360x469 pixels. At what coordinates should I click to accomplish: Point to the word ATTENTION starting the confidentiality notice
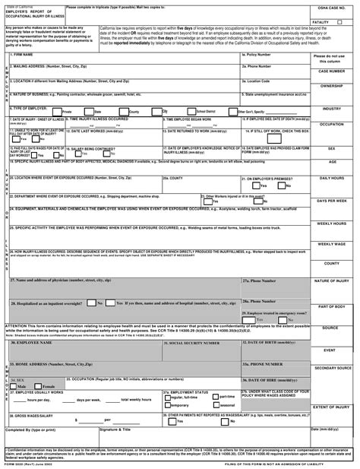coord(17,325)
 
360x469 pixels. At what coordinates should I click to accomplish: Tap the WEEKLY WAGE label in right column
coord(332,244)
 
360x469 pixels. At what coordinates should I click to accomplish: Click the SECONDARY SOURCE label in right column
coord(332,368)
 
